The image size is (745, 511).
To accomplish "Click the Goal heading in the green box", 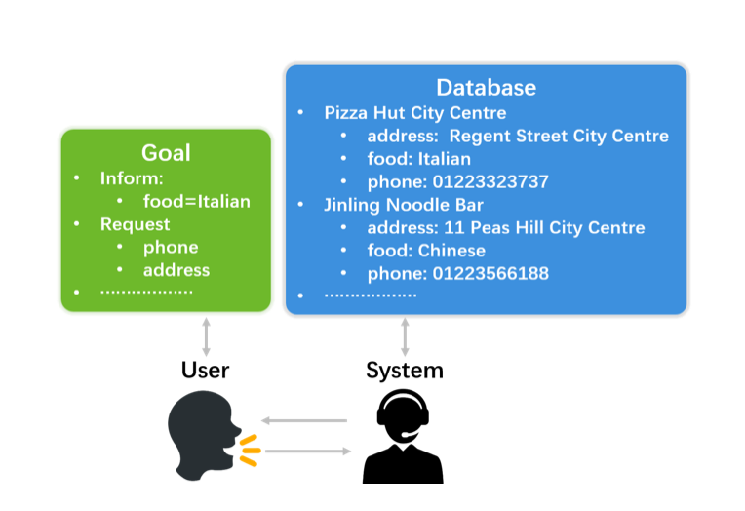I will point(166,152).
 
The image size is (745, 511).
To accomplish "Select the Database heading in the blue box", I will point(486,87).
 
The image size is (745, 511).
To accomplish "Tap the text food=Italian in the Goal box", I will point(197,202).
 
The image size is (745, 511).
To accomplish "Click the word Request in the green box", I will point(135,224).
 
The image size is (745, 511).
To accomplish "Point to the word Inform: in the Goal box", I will point(132,179).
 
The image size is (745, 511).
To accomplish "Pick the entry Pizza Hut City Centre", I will point(415,113).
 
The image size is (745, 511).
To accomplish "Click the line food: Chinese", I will point(426,251).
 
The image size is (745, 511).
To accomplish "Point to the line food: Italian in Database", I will point(419,159).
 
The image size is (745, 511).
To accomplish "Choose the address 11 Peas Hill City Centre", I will point(506,227).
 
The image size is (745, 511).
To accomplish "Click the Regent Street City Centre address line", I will point(518,136).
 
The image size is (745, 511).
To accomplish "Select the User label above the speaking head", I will point(205,371).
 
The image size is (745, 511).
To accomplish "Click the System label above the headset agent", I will point(405,371).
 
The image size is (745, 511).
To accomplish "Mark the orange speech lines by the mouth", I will point(250,450).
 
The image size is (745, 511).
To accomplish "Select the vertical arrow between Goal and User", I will point(206,336).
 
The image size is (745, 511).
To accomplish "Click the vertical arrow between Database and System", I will point(405,336).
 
